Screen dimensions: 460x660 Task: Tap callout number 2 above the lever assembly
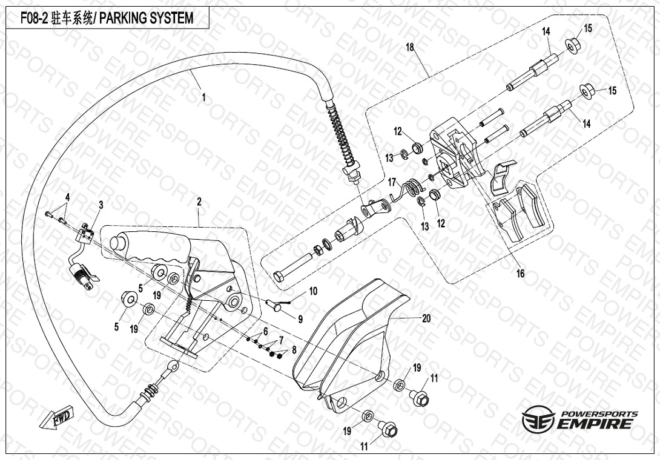(x=199, y=201)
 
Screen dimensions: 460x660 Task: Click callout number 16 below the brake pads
(x=521, y=274)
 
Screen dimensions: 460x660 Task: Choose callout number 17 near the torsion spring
(x=392, y=182)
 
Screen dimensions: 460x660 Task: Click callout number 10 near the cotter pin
(x=313, y=291)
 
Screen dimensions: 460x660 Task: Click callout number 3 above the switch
(x=101, y=205)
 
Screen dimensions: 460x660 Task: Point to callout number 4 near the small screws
(x=67, y=198)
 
